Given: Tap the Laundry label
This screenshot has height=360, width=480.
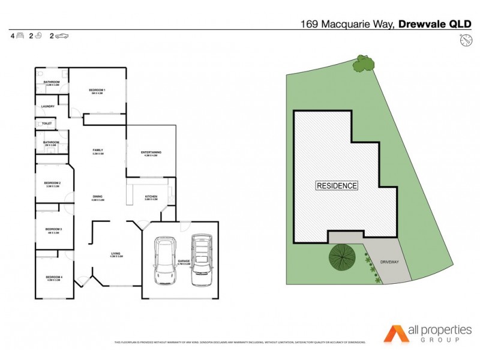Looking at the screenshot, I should pyautogui.click(x=48, y=107).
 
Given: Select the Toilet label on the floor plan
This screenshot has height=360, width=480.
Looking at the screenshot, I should pyautogui.click(x=47, y=124).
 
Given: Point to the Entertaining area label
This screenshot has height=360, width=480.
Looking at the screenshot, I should pyautogui.click(x=151, y=152).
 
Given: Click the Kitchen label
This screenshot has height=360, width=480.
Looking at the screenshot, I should pyautogui.click(x=151, y=196).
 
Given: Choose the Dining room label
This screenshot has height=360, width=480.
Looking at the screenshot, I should pyautogui.click(x=98, y=196).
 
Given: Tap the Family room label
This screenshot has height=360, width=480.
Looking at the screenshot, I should pyautogui.click(x=98, y=150).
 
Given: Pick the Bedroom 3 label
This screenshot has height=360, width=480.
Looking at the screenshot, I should pyautogui.click(x=53, y=229).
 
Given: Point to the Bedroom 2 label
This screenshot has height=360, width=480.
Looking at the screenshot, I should pyautogui.click(x=53, y=183).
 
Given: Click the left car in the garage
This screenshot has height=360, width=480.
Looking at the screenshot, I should pyautogui.click(x=164, y=260).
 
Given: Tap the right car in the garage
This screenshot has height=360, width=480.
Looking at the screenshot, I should pyautogui.click(x=201, y=259).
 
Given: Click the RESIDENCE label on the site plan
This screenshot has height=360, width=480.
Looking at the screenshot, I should pyautogui.click(x=337, y=186).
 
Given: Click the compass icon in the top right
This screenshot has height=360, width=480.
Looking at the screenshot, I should pyautogui.click(x=465, y=40).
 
